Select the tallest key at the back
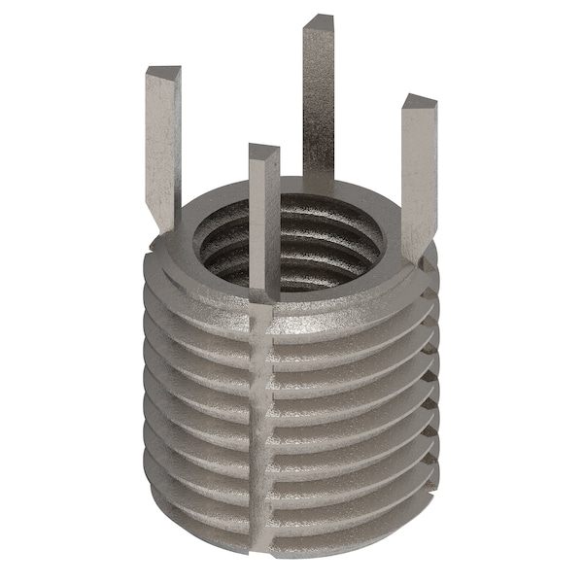318,97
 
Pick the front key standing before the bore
263,214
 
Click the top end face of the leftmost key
162,73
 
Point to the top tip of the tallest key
318,20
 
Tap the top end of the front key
263,151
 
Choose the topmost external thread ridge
340,326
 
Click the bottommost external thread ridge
340,515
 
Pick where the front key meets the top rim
264,288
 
